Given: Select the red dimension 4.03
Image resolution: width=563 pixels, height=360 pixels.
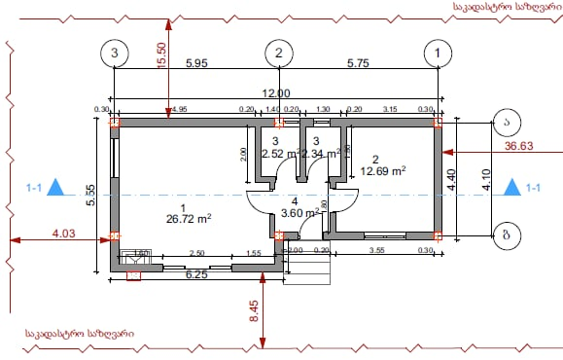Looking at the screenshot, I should pyautogui.click(x=63, y=233).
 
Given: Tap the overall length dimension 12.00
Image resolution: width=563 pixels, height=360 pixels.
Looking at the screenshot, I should pyautogui.click(x=276, y=92).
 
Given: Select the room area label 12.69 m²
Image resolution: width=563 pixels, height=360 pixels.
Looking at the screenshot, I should pyautogui.click(x=382, y=169).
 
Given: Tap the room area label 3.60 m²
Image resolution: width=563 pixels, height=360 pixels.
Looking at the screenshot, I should pyautogui.click(x=299, y=212).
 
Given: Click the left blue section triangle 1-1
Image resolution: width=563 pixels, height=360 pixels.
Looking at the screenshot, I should pyautogui.click(x=57, y=187).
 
